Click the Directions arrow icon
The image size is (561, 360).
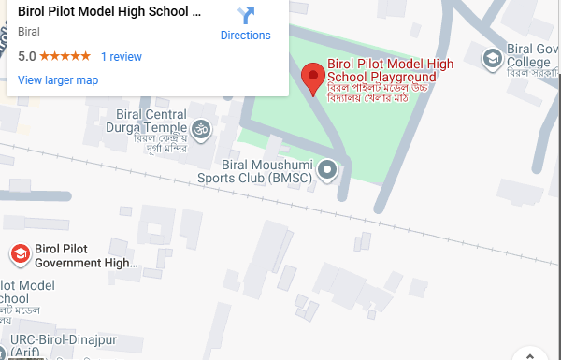(x=246, y=16)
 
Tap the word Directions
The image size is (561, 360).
(x=245, y=36)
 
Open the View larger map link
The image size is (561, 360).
(x=58, y=79)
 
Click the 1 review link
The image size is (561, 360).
(x=121, y=56)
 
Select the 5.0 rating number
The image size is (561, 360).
(x=26, y=56)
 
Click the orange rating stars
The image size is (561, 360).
(x=65, y=56)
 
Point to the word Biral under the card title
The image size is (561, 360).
(x=29, y=31)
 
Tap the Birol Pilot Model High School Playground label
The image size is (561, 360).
(x=390, y=70)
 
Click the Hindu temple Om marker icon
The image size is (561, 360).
(x=199, y=125)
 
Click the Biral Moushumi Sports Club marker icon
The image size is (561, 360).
(x=327, y=169)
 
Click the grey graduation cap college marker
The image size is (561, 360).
(x=491, y=60)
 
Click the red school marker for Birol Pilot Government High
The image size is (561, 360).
(x=19, y=254)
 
